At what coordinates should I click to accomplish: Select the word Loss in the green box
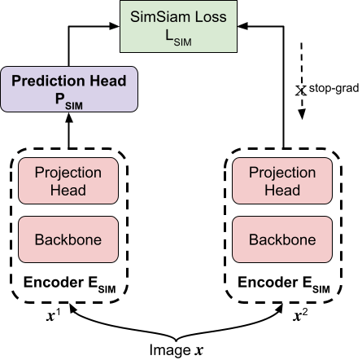pyautogui.click(x=207, y=16)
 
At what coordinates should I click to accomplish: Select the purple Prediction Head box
pyautogui.click(x=68, y=89)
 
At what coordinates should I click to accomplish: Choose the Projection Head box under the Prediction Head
pyautogui.click(x=68, y=181)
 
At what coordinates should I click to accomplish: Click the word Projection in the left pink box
pyautogui.click(x=68, y=173)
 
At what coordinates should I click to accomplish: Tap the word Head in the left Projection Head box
pyautogui.click(x=68, y=190)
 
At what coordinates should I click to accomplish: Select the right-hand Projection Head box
pyautogui.click(x=282, y=181)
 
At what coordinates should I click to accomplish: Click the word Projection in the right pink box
pyautogui.click(x=282, y=173)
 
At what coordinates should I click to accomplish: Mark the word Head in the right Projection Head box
pyautogui.click(x=282, y=190)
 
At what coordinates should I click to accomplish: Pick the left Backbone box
pyautogui.click(x=68, y=239)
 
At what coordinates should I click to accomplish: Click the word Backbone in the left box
pyautogui.click(x=68, y=239)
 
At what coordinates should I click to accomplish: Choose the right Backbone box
pyautogui.click(x=282, y=239)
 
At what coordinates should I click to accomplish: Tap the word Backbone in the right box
pyautogui.click(x=282, y=239)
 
